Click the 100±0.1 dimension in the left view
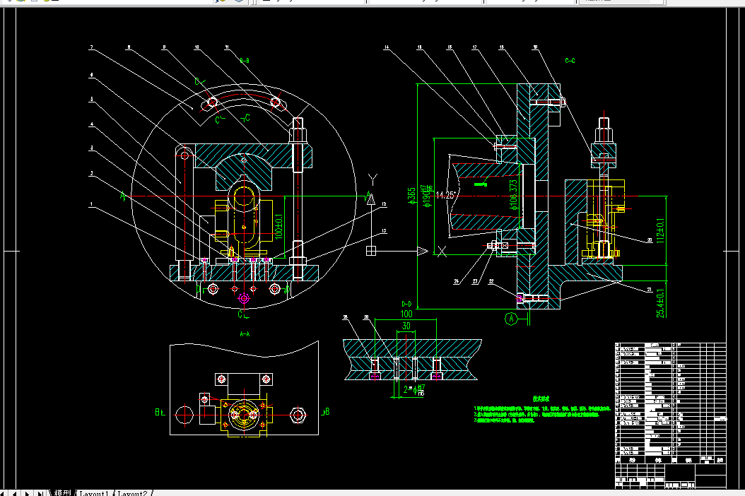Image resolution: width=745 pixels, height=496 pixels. point(278,225)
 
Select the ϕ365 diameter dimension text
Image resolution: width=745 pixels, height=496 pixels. point(411,196)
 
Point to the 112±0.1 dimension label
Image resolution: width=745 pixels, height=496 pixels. point(662,230)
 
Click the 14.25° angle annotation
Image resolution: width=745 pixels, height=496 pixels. point(447,195)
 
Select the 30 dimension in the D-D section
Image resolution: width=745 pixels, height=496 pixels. point(406,326)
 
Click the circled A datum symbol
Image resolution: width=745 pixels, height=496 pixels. point(511,319)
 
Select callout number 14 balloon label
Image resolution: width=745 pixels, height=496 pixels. point(387,48)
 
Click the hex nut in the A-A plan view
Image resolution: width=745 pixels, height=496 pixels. point(297,414)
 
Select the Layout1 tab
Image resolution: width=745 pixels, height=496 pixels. point(93,492)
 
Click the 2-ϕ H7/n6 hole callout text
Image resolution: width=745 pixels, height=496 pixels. point(414,388)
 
